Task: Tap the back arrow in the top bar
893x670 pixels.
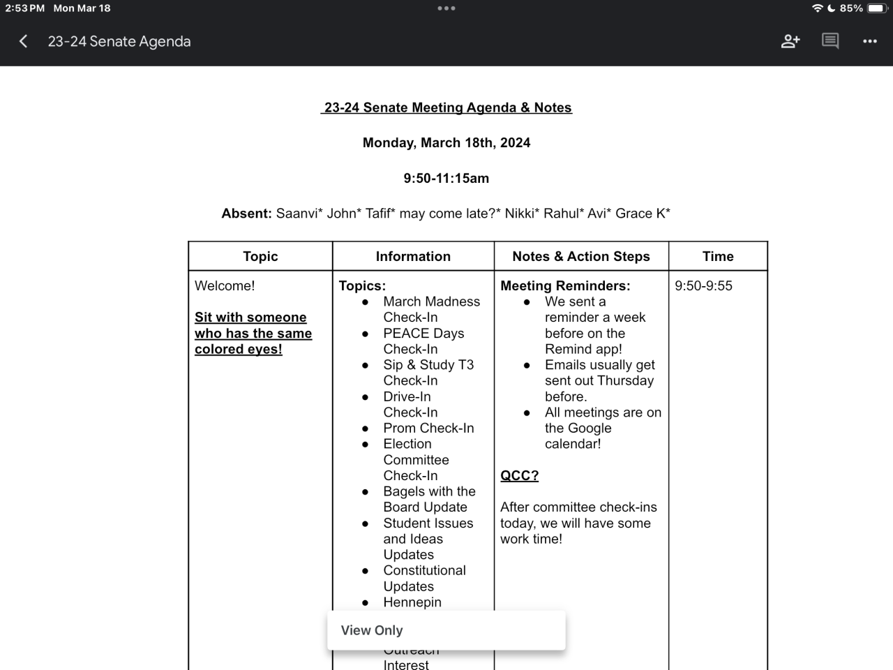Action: (x=24, y=41)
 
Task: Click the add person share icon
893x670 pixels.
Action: (x=790, y=41)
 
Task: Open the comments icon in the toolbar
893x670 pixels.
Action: (x=830, y=41)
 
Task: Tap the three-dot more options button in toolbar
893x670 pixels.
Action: (x=869, y=41)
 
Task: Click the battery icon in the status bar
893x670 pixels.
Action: (x=876, y=8)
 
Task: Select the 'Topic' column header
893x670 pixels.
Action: (x=260, y=256)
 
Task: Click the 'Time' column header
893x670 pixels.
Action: (x=718, y=256)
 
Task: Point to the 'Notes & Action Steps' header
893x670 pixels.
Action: (x=580, y=256)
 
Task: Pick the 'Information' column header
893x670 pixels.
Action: (x=413, y=256)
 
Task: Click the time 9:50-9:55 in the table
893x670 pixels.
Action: (x=703, y=285)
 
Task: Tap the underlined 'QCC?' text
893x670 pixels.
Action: (x=519, y=475)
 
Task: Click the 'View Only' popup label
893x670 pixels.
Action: (x=372, y=630)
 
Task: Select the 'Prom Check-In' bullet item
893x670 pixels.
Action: (x=428, y=428)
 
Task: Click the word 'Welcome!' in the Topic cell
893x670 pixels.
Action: (x=225, y=285)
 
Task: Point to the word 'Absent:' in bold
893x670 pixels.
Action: (x=246, y=214)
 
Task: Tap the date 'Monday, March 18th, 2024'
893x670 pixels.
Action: (x=446, y=142)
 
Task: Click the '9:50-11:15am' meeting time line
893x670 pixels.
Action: (x=446, y=178)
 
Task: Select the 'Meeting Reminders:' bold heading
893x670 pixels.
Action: (x=565, y=285)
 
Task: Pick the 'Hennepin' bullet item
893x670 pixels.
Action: (x=412, y=602)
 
